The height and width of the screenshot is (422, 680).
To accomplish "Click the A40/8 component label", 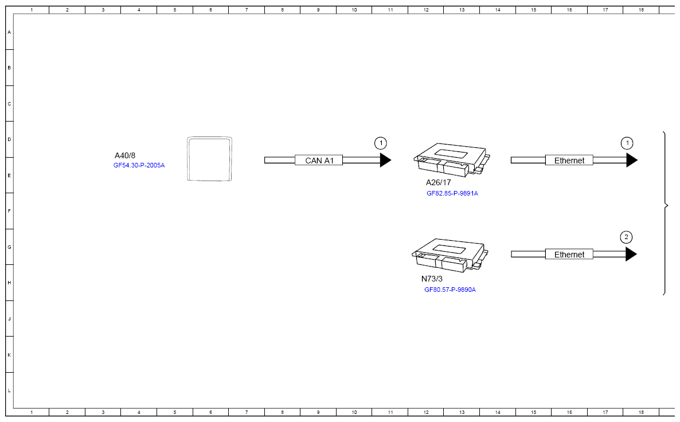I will [x=125, y=155].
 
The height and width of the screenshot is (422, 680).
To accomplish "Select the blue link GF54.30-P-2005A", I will [x=139, y=166].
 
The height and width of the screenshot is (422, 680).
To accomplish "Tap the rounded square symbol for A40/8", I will [x=210, y=159].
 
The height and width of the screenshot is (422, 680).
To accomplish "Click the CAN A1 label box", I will [x=319, y=161].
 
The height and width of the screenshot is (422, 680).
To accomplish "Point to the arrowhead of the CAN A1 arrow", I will [x=385, y=161].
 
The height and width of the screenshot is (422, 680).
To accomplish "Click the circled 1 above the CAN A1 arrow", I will [x=381, y=143].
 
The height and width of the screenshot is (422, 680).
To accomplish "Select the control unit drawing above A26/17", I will [x=451, y=159].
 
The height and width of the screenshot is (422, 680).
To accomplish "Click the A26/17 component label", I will [x=438, y=182].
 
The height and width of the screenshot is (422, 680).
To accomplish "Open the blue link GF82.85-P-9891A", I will [x=452, y=193].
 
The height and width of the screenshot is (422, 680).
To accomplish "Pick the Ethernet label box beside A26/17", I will [x=569, y=161].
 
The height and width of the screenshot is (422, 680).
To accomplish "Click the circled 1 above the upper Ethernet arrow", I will [x=628, y=143].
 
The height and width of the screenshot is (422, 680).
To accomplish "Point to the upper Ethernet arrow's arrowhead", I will [x=632, y=161].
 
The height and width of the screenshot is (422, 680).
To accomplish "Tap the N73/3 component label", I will [x=432, y=279].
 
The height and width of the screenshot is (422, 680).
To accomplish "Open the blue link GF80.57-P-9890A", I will [x=450, y=290].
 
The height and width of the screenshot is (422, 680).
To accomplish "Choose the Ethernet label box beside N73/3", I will [x=569, y=255].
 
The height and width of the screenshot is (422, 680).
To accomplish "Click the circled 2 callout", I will [x=627, y=237].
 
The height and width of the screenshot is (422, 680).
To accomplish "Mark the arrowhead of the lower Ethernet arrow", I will [x=631, y=255].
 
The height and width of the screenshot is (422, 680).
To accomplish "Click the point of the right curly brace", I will [x=667, y=205].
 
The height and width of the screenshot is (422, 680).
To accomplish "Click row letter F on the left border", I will [x=9, y=211].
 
